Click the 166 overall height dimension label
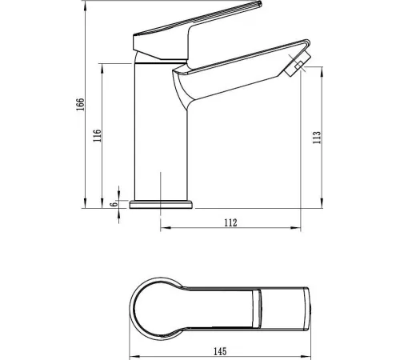tap(81, 104)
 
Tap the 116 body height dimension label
tap(98, 135)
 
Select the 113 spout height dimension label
tap(317, 138)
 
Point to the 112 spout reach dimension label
tap(230, 222)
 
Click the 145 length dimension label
tap(220, 351)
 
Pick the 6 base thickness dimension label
tap(114, 204)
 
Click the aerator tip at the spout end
tap(298, 64)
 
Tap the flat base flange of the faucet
tap(161, 205)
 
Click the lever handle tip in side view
tap(259, 3)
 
